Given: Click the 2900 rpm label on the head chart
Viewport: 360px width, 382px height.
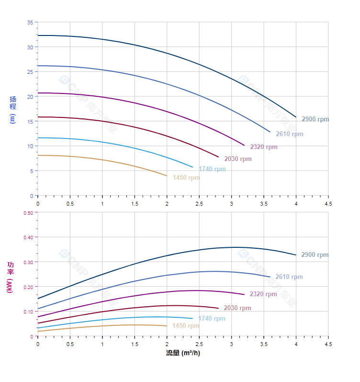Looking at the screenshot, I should pos(315,119).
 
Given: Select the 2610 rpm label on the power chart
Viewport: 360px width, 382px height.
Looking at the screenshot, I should pos(289,277).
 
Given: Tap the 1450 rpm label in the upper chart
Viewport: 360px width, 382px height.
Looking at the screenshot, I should pos(186,178).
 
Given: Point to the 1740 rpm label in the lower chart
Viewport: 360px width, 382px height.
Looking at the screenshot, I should pos(212,319).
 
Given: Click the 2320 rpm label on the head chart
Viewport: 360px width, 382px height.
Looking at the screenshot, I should pos(264,147).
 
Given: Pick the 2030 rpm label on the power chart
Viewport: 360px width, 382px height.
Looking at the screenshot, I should pos(237,308).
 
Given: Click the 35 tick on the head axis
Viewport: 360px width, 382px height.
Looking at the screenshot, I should pos(30,23).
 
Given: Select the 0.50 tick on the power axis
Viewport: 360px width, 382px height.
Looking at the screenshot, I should pos(28,213).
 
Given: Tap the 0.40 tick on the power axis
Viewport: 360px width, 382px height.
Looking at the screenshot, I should pos(28,237).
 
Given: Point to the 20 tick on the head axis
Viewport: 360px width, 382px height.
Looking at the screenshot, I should pos(30,97).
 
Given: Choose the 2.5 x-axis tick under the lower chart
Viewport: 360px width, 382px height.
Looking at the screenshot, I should pos(199,344).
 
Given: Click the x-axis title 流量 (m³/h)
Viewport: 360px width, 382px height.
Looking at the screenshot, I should pos(183,353).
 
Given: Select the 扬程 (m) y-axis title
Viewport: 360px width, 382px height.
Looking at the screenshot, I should pos(13,110).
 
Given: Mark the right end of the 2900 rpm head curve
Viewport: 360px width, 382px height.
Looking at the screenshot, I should pos(296,117).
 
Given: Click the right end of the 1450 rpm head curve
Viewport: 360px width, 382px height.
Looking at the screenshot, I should pos(167,176).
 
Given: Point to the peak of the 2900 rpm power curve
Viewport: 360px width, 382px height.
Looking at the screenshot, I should pos(235,247).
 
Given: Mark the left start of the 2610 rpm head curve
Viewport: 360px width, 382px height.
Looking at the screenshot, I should pos(38,66).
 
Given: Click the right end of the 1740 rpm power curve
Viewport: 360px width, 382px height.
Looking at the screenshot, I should pos(192,318).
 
